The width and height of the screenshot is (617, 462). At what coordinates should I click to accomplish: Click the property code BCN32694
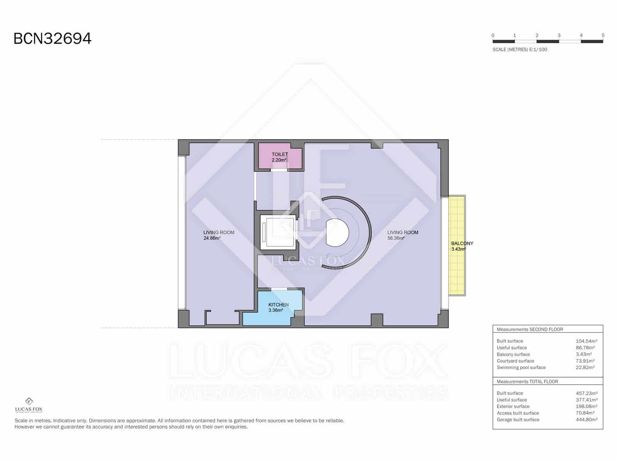tap(52, 38)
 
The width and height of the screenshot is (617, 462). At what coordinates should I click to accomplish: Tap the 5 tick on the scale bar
tap(603, 35)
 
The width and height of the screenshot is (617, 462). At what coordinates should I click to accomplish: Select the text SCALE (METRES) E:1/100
tap(519, 50)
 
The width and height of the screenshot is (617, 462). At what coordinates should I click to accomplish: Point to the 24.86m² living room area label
tap(212, 238)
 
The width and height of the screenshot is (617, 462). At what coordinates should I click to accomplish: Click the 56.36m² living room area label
tap(396, 238)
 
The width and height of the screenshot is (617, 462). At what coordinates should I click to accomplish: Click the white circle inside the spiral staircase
tap(337, 233)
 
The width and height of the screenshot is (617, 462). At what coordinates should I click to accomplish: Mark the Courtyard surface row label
tap(515, 361)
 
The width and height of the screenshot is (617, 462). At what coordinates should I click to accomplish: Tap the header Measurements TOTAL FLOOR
tap(527, 382)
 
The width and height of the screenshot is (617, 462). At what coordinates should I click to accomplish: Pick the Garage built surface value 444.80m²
tap(586, 420)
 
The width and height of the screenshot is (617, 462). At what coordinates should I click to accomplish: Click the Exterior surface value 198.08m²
tap(586, 407)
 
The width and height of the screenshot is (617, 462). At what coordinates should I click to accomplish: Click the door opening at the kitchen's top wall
tap(279, 289)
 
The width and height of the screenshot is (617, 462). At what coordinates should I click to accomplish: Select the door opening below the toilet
tap(279, 170)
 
